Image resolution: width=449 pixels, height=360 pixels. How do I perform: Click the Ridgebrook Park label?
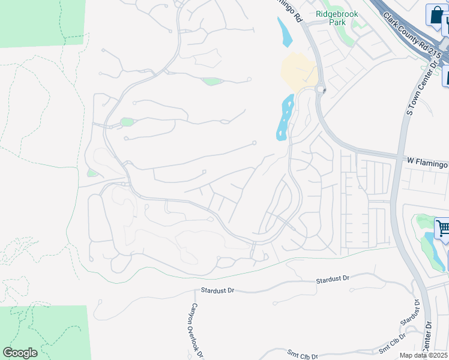[x=336, y=17]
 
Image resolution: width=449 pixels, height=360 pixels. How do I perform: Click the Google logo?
[x=20, y=353]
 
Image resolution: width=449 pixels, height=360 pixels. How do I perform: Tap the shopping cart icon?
[x=442, y=228]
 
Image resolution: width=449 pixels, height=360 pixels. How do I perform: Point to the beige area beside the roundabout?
[x=298, y=71]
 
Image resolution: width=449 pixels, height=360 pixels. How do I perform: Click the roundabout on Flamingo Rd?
[x=319, y=89]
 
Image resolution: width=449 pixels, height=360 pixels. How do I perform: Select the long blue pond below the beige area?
[x=284, y=118]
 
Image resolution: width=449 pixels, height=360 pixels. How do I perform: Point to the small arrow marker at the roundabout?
[x=324, y=91]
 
